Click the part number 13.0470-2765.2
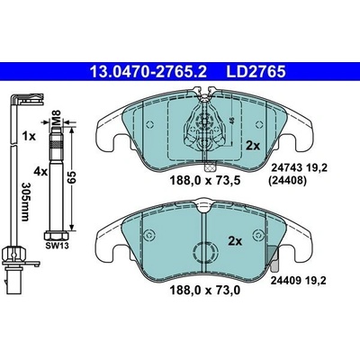[148, 72]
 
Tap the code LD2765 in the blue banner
[256, 72]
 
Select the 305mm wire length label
[25, 202]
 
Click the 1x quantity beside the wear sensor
[29, 137]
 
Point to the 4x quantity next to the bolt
[40, 172]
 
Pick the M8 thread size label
[57, 116]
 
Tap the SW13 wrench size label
[57, 246]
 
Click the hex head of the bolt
[57, 236]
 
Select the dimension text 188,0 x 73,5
[205, 181]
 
